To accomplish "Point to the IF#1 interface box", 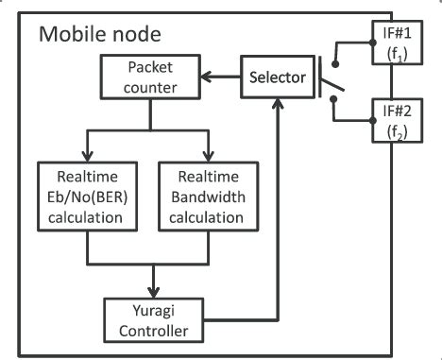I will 391,43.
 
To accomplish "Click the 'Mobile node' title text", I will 100,35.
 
